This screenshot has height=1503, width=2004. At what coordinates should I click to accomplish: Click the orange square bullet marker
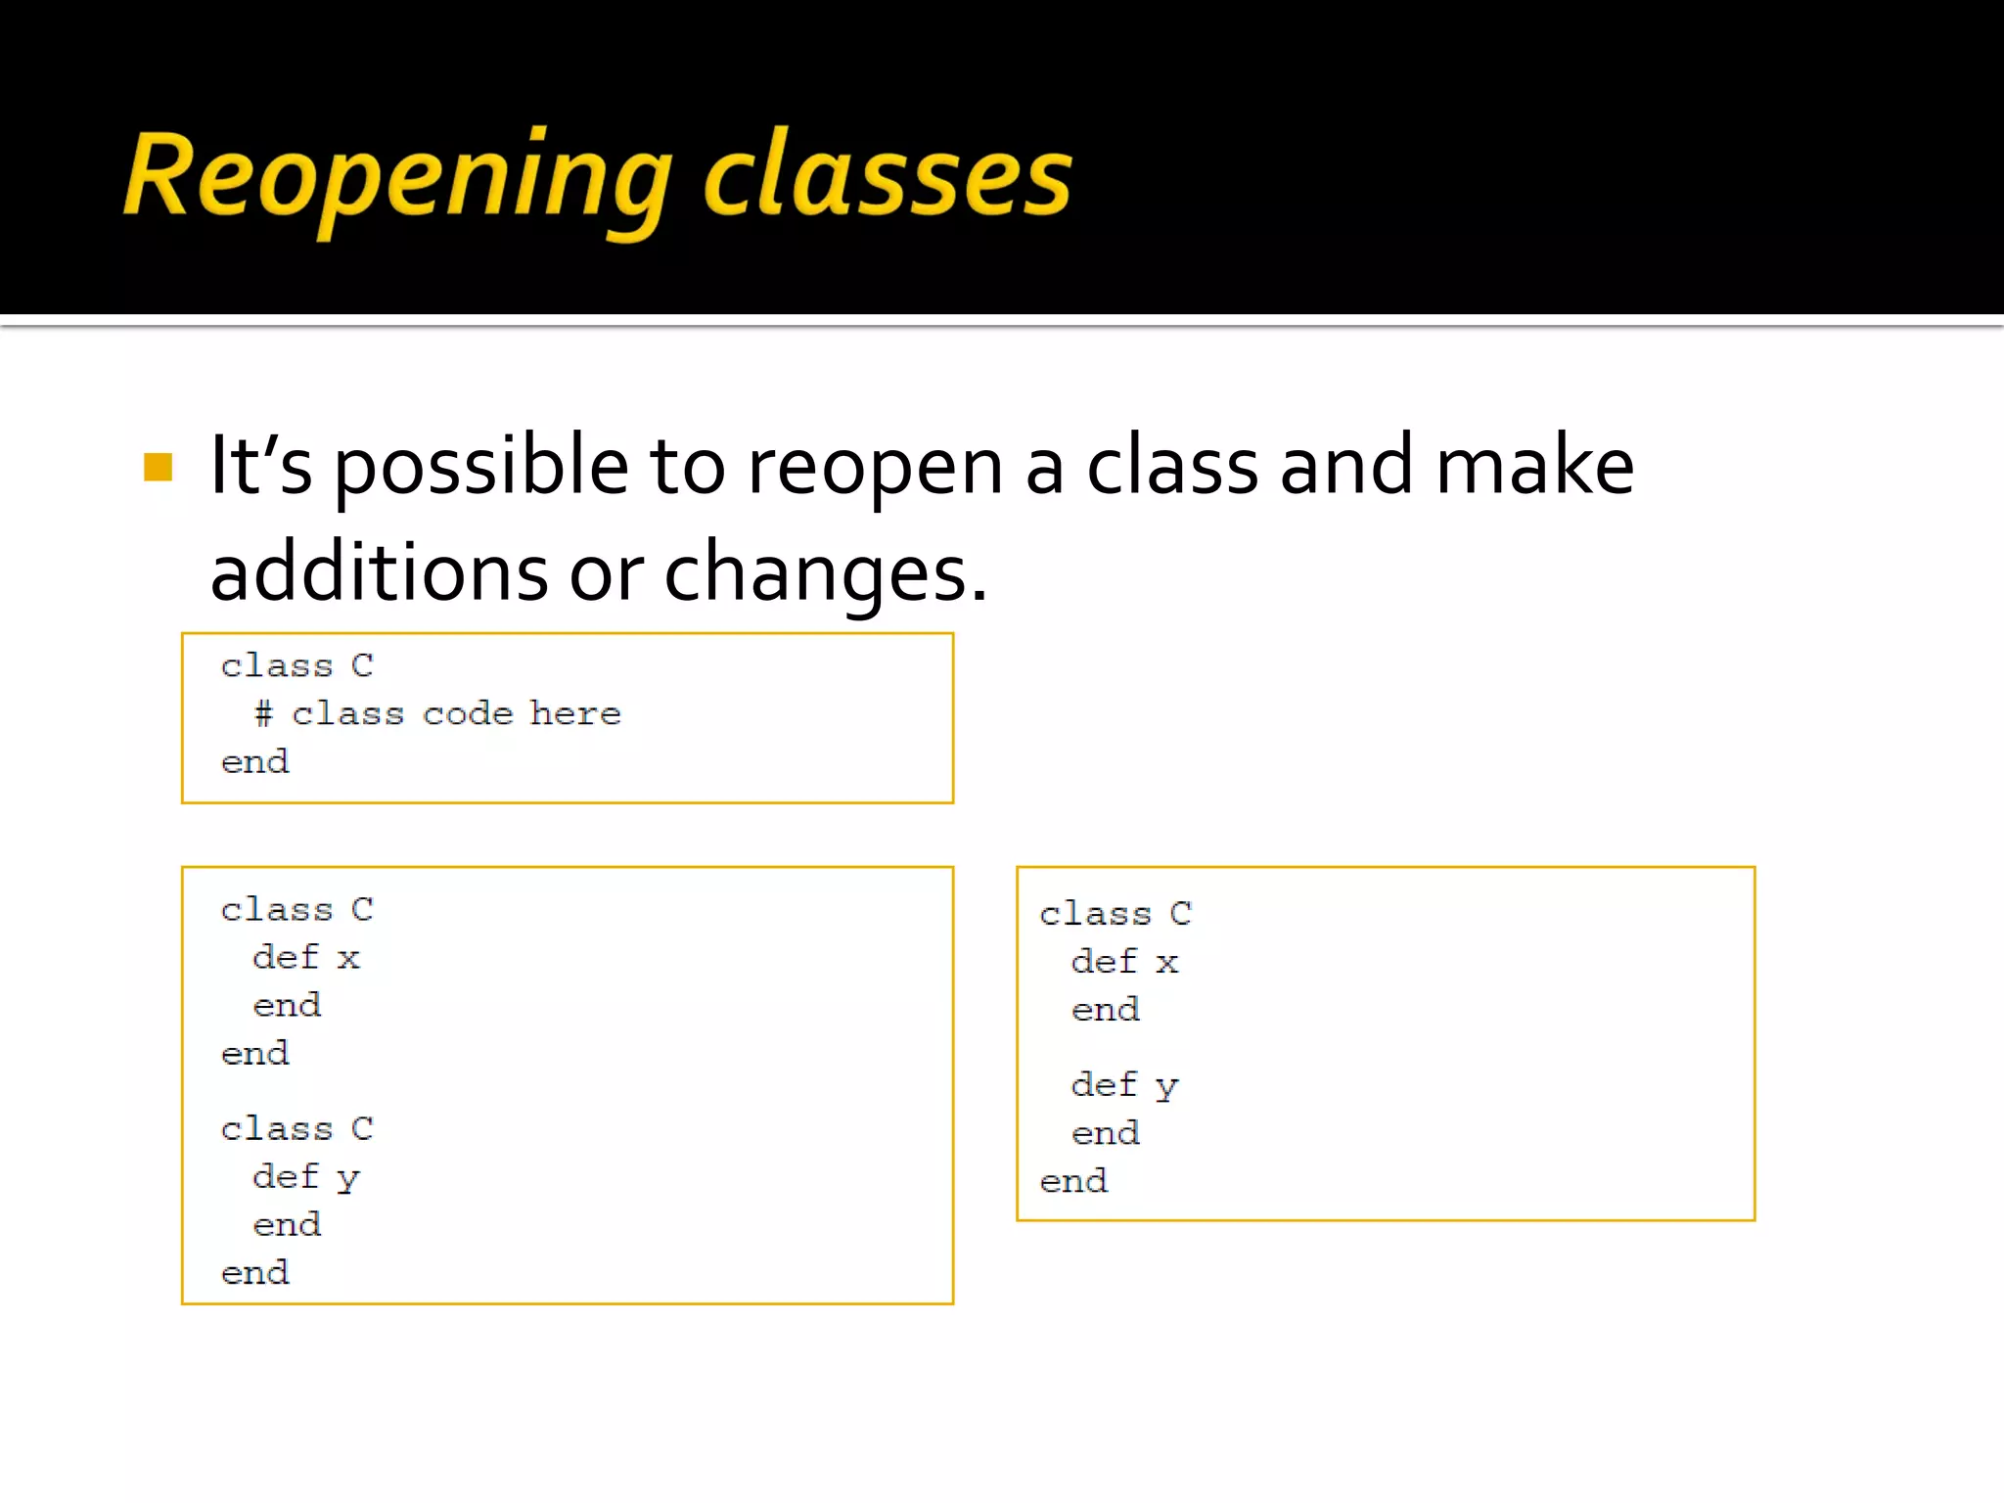(158, 467)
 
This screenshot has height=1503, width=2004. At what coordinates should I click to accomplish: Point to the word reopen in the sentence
(875, 467)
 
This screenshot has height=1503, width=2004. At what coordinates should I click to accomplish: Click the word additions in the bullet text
(379, 572)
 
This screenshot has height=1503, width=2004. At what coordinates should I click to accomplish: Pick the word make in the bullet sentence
(1534, 467)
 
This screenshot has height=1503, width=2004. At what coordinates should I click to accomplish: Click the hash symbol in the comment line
(263, 713)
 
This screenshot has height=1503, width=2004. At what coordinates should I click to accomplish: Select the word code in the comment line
(468, 713)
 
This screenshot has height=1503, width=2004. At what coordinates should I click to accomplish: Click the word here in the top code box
(575, 713)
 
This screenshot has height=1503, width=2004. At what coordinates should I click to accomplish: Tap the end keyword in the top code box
(255, 761)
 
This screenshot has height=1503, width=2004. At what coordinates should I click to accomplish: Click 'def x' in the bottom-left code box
(306, 956)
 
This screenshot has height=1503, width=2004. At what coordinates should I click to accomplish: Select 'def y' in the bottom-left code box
(306, 1176)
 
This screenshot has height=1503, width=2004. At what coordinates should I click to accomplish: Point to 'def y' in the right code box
(1125, 1084)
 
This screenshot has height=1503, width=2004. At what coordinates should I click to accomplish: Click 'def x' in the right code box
(1125, 961)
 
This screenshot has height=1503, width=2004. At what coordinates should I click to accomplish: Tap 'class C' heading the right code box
(1116, 913)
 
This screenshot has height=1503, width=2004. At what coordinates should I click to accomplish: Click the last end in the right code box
(1073, 1181)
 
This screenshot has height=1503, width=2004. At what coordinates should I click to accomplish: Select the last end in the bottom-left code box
(255, 1272)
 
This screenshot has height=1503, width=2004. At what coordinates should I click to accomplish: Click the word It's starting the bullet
(260, 467)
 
